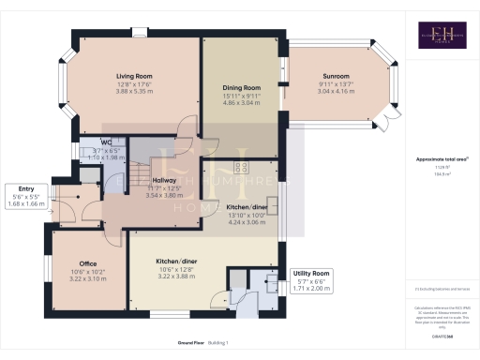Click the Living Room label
coord(135,75)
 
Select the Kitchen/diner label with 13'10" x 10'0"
coord(248,207)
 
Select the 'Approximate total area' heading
coord(441,159)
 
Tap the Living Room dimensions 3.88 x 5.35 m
coord(135,91)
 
